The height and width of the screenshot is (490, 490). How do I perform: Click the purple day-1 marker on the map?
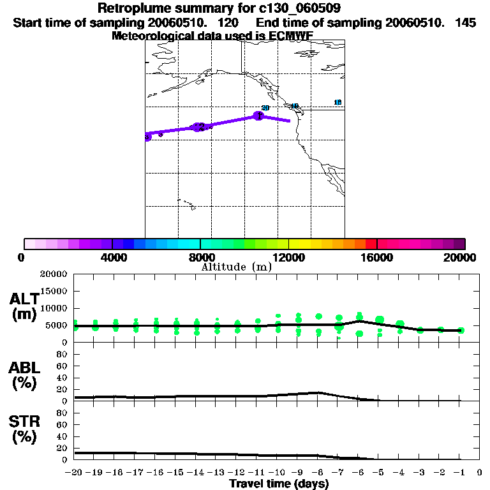(x=258, y=115)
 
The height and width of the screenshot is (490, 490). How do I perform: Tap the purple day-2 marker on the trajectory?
(x=200, y=127)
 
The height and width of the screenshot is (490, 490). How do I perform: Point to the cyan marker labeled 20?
(x=265, y=108)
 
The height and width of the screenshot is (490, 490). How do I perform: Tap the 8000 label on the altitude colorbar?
(x=200, y=257)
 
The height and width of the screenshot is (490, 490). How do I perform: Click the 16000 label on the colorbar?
(x=377, y=257)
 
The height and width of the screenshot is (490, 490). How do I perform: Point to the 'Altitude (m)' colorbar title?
(x=237, y=267)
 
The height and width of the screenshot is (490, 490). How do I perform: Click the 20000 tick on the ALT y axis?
(x=54, y=274)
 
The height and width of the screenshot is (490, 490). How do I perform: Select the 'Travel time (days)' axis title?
(x=279, y=484)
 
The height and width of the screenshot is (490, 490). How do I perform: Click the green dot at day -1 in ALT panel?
(x=461, y=330)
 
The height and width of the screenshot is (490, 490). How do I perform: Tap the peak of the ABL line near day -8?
(x=318, y=392)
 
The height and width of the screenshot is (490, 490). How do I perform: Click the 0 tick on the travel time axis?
(x=480, y=473)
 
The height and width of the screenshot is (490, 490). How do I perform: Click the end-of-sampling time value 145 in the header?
(x=466, y=22)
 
